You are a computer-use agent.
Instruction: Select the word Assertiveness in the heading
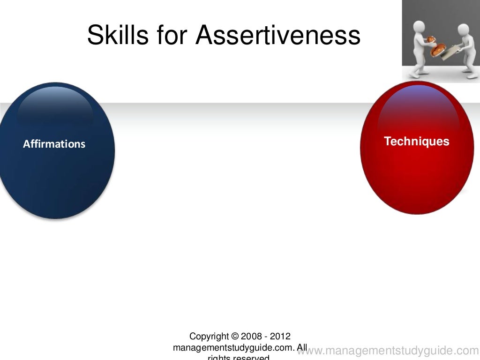click(278, 35)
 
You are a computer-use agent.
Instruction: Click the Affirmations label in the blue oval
click(54, 144)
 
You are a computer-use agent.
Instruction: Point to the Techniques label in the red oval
click(416, 141)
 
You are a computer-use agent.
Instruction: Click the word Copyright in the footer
click(209, 337)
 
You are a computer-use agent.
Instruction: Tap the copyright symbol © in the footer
click(235, 337)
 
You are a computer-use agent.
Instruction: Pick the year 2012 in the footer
click(280, 337)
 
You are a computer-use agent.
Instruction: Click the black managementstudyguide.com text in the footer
click(233, 348)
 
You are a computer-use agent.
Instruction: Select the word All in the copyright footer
click(302, 348)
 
